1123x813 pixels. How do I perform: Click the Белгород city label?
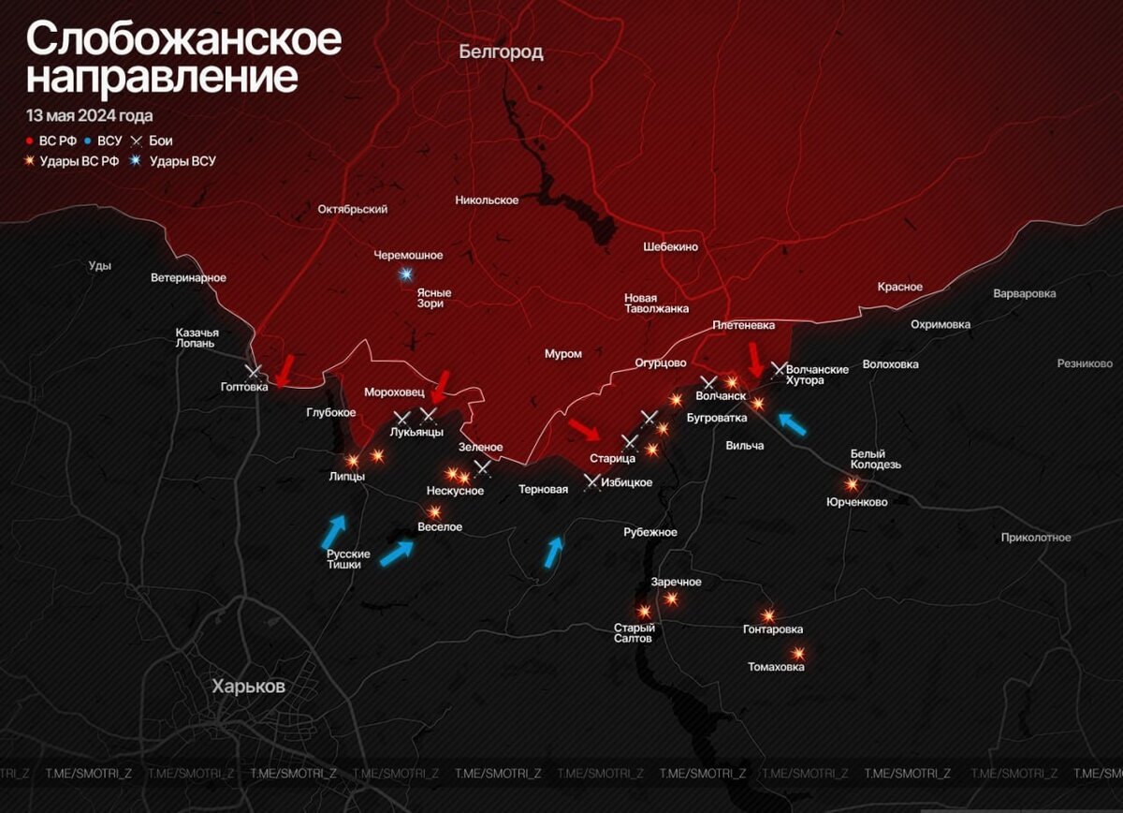coord(501,52)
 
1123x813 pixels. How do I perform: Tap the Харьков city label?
coord(248,687)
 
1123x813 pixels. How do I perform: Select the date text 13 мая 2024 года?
coord(89,116)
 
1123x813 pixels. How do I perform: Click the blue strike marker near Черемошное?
coord(405,274)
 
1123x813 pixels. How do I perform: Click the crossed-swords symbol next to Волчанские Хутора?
coord(778,369)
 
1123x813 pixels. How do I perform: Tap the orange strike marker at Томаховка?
coord(797,654)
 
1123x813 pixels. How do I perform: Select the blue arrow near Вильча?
coord(792,423)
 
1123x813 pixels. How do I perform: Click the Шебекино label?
coord(670,246)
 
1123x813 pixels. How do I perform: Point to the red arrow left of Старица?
coord(586,430)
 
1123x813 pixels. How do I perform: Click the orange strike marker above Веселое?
coord(434,512)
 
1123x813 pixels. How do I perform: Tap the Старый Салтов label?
coord(634,633)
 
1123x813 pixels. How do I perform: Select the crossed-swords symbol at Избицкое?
coord(592,482)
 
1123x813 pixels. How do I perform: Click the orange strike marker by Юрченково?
coord(852,484)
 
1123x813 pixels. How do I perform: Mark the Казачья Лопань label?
coord(197,337)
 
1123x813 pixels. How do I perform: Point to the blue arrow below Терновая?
coord(555,551)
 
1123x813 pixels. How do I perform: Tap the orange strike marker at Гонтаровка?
coord(768,615)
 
